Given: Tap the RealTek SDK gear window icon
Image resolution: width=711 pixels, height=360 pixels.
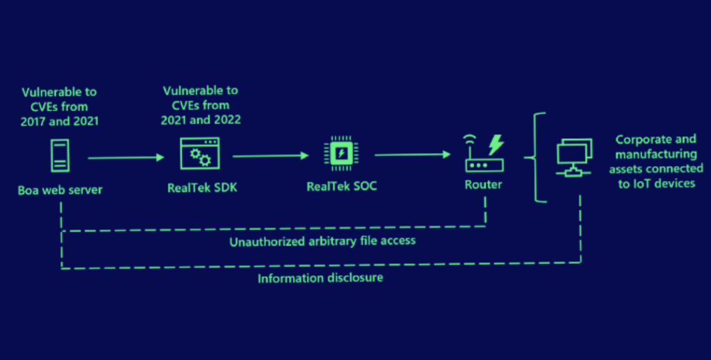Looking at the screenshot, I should (199, 154).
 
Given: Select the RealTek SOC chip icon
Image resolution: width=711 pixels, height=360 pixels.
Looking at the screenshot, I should (341, 154).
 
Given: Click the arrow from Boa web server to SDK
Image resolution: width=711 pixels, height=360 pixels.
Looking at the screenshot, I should (126, 158).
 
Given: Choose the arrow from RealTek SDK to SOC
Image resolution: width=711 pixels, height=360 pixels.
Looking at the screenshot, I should (270, 156).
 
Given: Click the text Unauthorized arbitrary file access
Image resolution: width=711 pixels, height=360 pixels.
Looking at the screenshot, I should (322, 241).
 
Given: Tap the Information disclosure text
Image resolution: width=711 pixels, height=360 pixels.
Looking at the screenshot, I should (320, 279).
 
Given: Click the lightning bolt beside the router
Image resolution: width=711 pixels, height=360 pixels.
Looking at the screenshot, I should (496, 145).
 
